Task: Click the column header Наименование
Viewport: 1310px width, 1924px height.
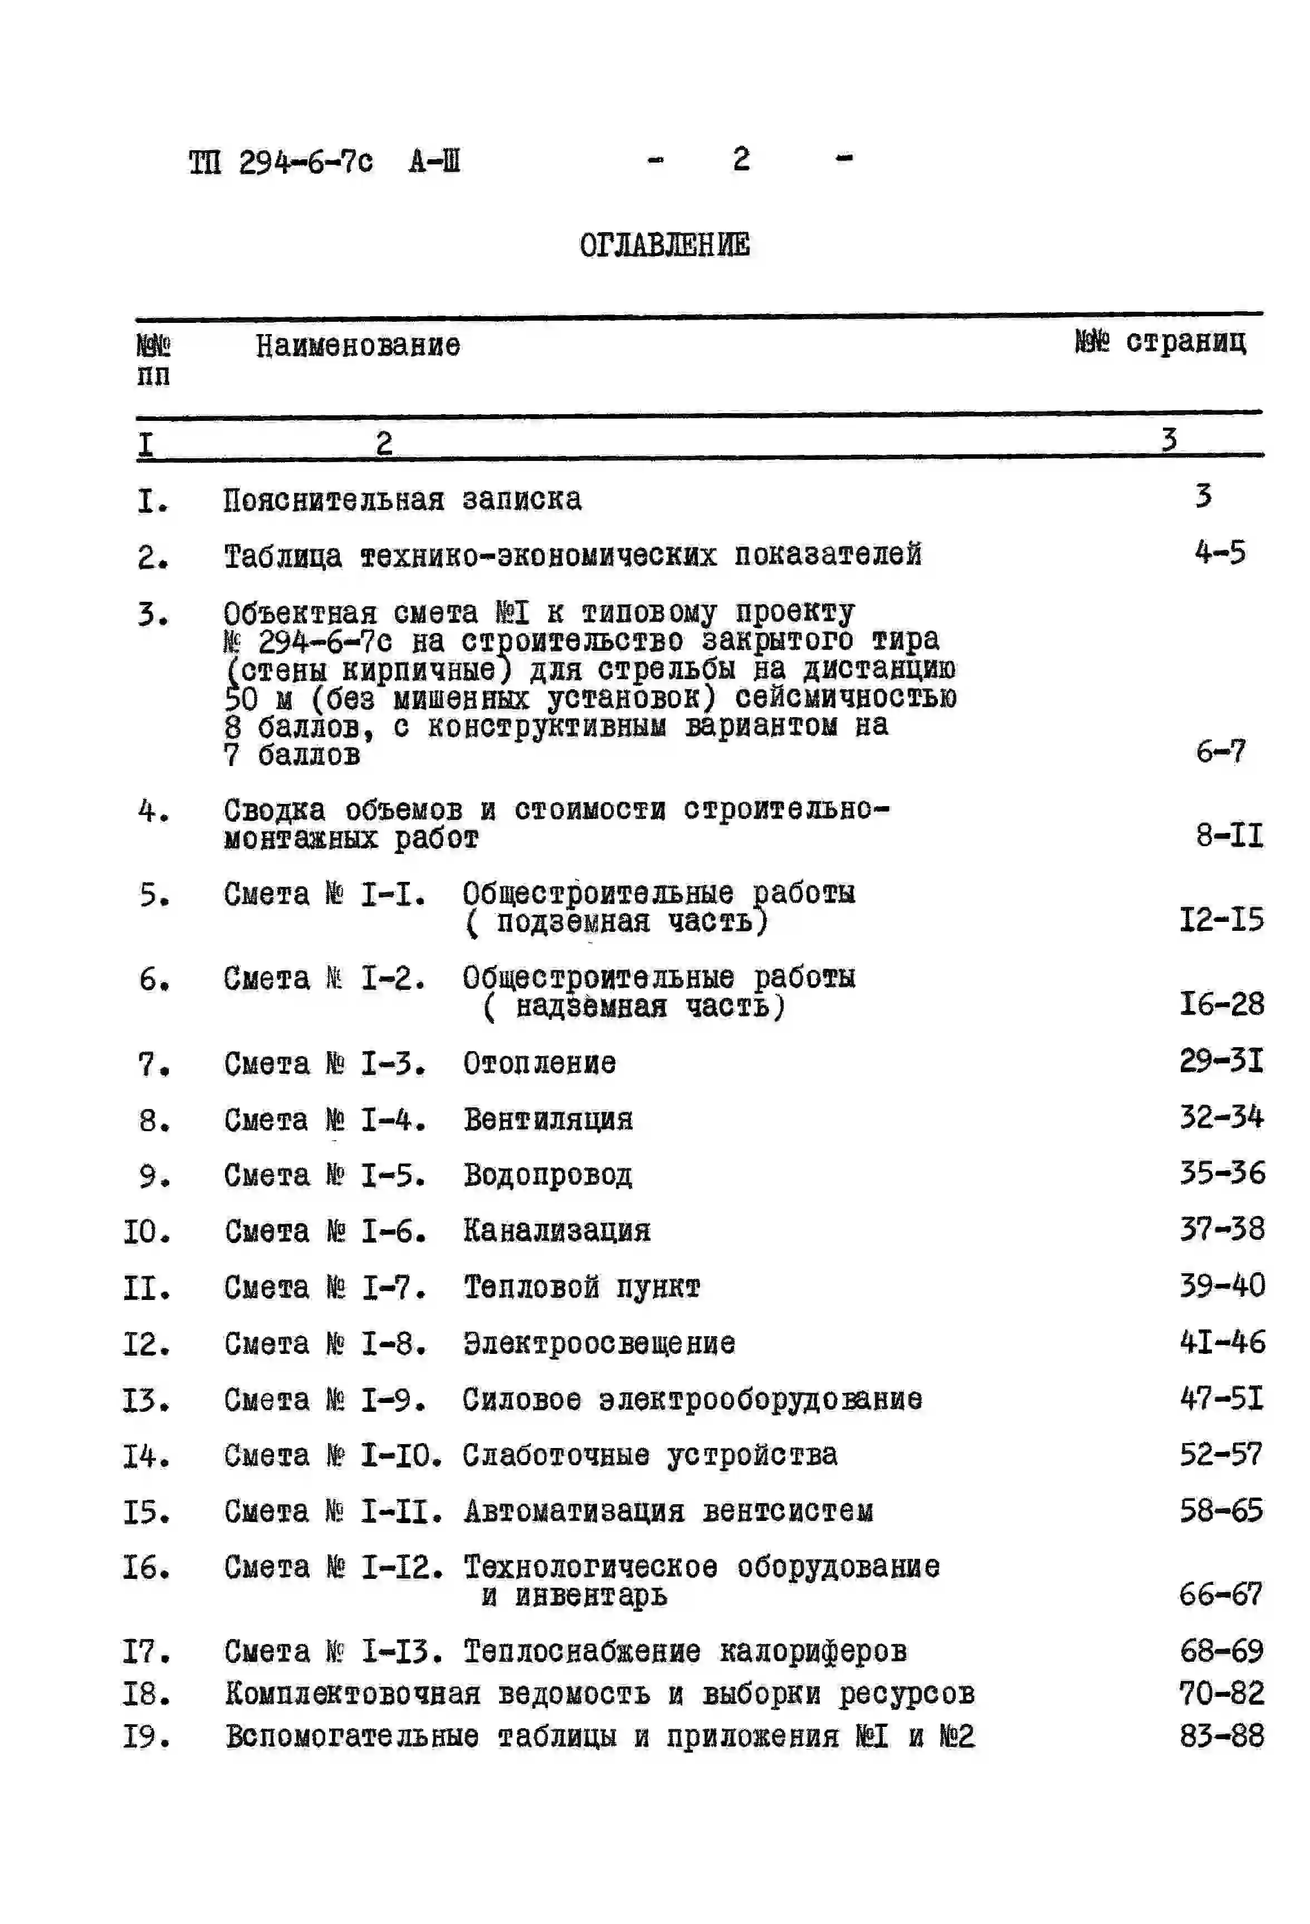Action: tap(357, 345)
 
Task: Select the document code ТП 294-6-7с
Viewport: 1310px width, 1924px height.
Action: tap(281, 161)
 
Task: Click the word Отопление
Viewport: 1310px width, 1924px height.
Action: tap(539, 1063)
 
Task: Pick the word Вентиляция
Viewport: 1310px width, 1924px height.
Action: tap(548, 1120)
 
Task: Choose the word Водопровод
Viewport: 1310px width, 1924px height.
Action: tap(548, 1175)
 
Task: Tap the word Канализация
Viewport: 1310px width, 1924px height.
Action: tap(556, 1231)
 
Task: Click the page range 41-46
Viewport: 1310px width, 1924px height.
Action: tap(1221, 1342)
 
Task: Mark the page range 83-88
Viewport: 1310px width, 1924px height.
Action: tap(1221, 1736)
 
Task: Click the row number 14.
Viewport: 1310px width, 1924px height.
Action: tap(146, 1455)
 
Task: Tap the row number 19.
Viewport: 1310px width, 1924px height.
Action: tap(146, 1736)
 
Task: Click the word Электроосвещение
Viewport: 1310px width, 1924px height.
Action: tap(599, 1343)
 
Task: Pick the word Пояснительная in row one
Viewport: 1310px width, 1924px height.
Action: tap(333, 500)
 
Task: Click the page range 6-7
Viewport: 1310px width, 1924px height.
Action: tap(1220, 752)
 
